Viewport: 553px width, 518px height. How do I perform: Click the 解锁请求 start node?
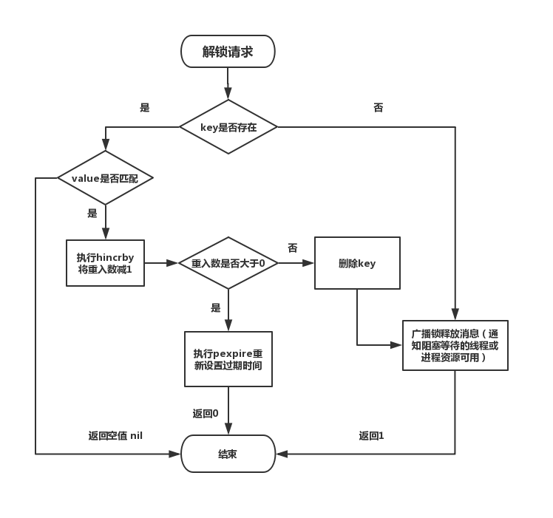click(228, 52)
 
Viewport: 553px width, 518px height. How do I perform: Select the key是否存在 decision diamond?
click(228, 127)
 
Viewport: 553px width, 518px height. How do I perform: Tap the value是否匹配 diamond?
click(106, 178)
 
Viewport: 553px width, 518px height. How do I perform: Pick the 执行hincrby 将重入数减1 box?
click(105, 263)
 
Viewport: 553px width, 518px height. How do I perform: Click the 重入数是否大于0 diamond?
click(228, 263)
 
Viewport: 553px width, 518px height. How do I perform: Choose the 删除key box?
click(357, 263)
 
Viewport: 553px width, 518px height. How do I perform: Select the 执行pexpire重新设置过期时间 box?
click(228, 358)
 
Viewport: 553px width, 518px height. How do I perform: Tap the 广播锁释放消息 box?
click(455, 345)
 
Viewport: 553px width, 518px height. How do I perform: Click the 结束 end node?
click(228, 454)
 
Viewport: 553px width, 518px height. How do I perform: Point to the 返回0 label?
click(205, 414)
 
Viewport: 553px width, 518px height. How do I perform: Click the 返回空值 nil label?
click(115, 436)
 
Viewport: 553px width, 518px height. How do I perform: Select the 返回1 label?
click(371, 436)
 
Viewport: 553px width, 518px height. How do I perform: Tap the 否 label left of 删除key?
click(293, 248)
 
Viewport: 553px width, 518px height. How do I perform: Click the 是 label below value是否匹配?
click(92, 214)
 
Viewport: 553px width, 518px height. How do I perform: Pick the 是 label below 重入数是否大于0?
click(216, 307)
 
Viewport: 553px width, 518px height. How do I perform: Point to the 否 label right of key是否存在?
click(379, 108)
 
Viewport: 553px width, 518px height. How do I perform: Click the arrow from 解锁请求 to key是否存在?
click(228, 84)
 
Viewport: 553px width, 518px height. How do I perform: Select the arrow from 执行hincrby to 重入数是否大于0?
click(161, 263)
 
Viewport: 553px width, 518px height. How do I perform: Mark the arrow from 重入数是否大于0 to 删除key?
click(295, 263)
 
